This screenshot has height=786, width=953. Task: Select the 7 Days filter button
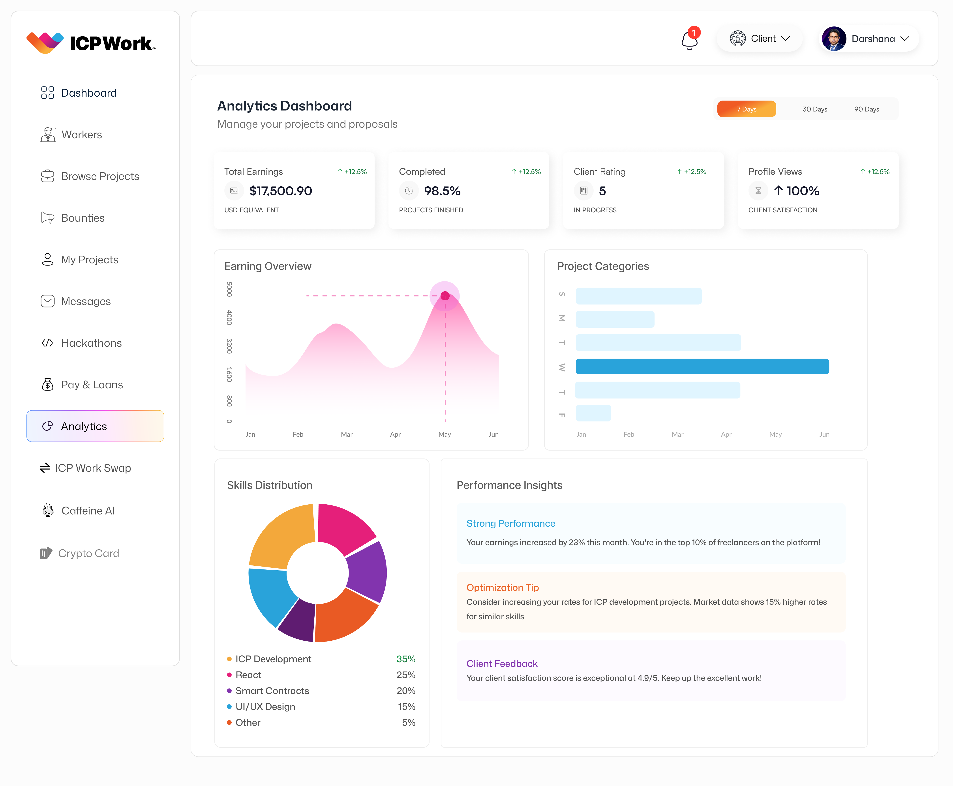[x=746, y=109]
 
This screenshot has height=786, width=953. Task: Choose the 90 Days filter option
[x=866, y=109]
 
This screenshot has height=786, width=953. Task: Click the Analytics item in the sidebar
[x=95, y=426]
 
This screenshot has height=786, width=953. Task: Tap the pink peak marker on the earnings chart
[x=445, y=296]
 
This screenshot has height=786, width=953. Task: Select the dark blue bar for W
[x=702, y=366]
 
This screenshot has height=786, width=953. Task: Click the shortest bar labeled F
[x=593, y=413]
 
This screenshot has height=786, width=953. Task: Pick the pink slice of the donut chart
[x=344, y=528]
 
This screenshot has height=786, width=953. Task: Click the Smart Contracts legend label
[x=272, y=691]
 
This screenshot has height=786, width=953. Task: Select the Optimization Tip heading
[x=502, y=587]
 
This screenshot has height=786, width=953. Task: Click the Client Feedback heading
[x=502, y=663]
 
